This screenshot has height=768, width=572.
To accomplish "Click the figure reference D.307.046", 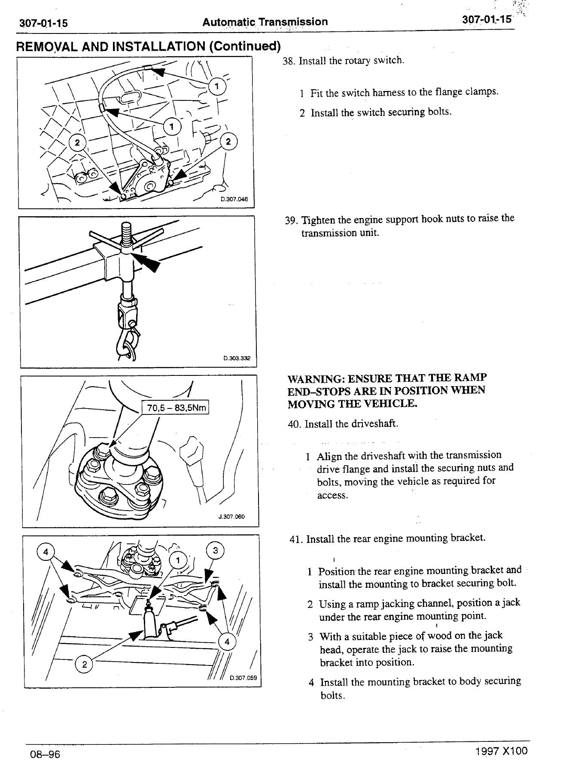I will coord(234,199).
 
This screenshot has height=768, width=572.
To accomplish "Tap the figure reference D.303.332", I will coord(237,358).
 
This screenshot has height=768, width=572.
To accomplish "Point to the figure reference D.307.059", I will coord(243,678).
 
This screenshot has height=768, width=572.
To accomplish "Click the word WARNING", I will coord(316,379).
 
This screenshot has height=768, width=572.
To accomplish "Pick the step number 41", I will coord(296,539).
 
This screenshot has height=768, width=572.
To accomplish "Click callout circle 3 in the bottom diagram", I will coord(216,550).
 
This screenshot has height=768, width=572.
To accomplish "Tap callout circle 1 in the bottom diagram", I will coord(178,560).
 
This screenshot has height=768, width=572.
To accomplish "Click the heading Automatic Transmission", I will coord(265,21).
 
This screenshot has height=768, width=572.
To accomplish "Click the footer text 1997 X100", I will coord(501,751).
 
